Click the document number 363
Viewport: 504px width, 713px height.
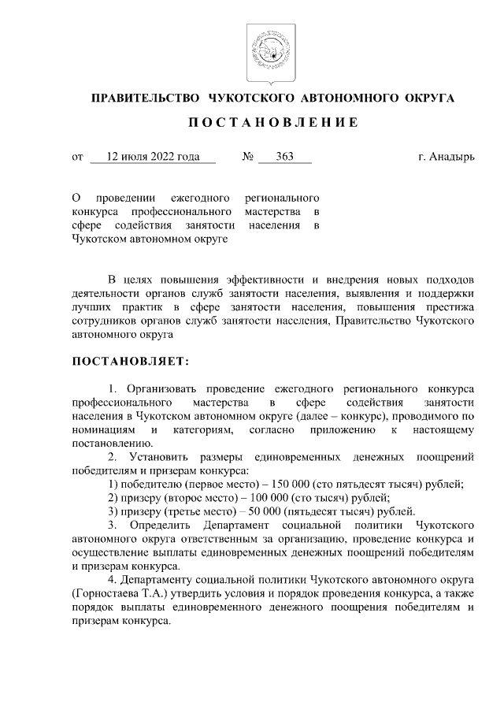tap(284, 157)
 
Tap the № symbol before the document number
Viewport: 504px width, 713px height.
tap(247, 157)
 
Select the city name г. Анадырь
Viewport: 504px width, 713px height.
tap(447, 157)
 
